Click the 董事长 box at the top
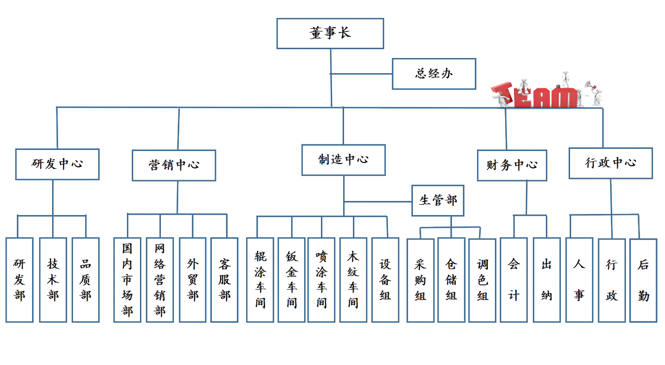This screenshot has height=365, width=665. click(330, 33)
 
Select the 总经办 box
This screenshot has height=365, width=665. click(434, 74)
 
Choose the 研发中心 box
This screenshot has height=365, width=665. click(57, 164)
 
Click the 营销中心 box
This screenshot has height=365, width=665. click(174, 165)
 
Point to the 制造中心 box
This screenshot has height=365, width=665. click(343, 160)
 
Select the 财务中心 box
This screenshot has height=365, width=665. click(511, 165)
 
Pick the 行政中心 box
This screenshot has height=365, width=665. click(611, 163)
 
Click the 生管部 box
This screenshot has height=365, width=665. click(438, 200)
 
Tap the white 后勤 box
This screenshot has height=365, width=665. click(644, 280)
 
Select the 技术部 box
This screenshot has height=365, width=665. click(53, 280)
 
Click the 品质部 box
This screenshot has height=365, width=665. click(85, 280)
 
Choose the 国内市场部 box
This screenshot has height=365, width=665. click(127, 280)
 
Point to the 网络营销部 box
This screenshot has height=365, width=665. click(160, 280)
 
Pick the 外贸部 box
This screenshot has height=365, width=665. click(193, 280)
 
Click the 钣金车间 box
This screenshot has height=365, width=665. click(292, 280)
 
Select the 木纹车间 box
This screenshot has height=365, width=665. click(353, 280)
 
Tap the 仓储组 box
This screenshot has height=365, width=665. click(451, 280)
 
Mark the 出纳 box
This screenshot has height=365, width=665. click(547, 280)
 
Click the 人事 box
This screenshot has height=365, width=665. click(579, 280)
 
